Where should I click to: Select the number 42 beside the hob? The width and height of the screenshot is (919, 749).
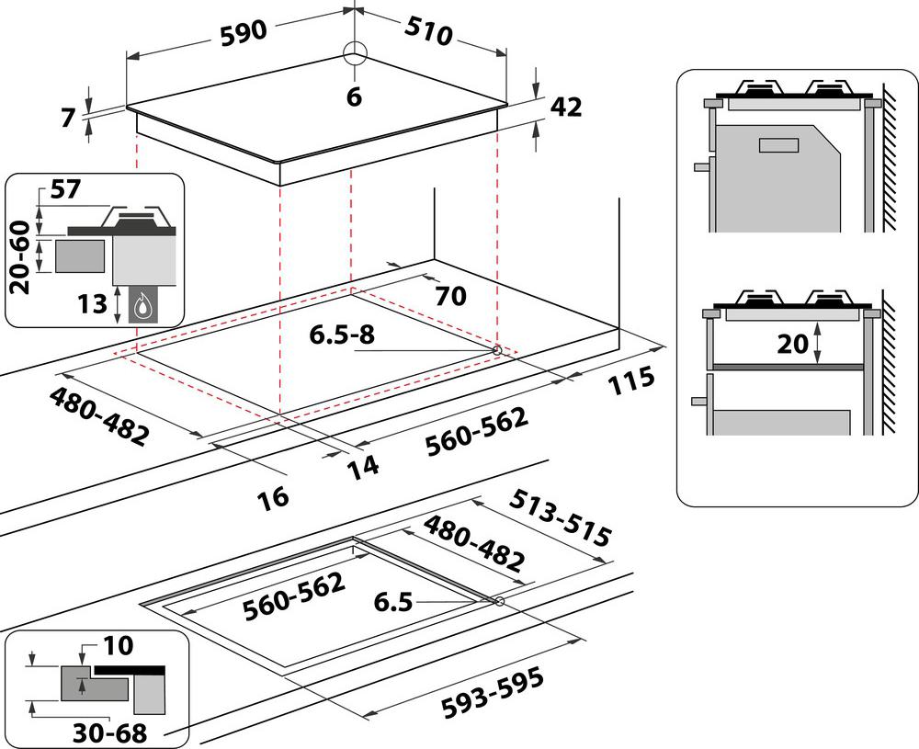tap(566, 107)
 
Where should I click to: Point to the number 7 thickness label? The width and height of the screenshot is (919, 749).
tap(65, 119)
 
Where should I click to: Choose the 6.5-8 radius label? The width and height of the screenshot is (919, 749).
tap(342, 335)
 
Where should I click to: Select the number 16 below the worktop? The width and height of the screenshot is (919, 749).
tap(273, 496)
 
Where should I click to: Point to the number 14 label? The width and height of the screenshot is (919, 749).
tap(363, 466)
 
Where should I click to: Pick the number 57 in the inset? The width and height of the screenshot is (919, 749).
tap(66, 190)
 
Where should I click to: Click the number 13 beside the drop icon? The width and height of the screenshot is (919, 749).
tap(93, 303)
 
